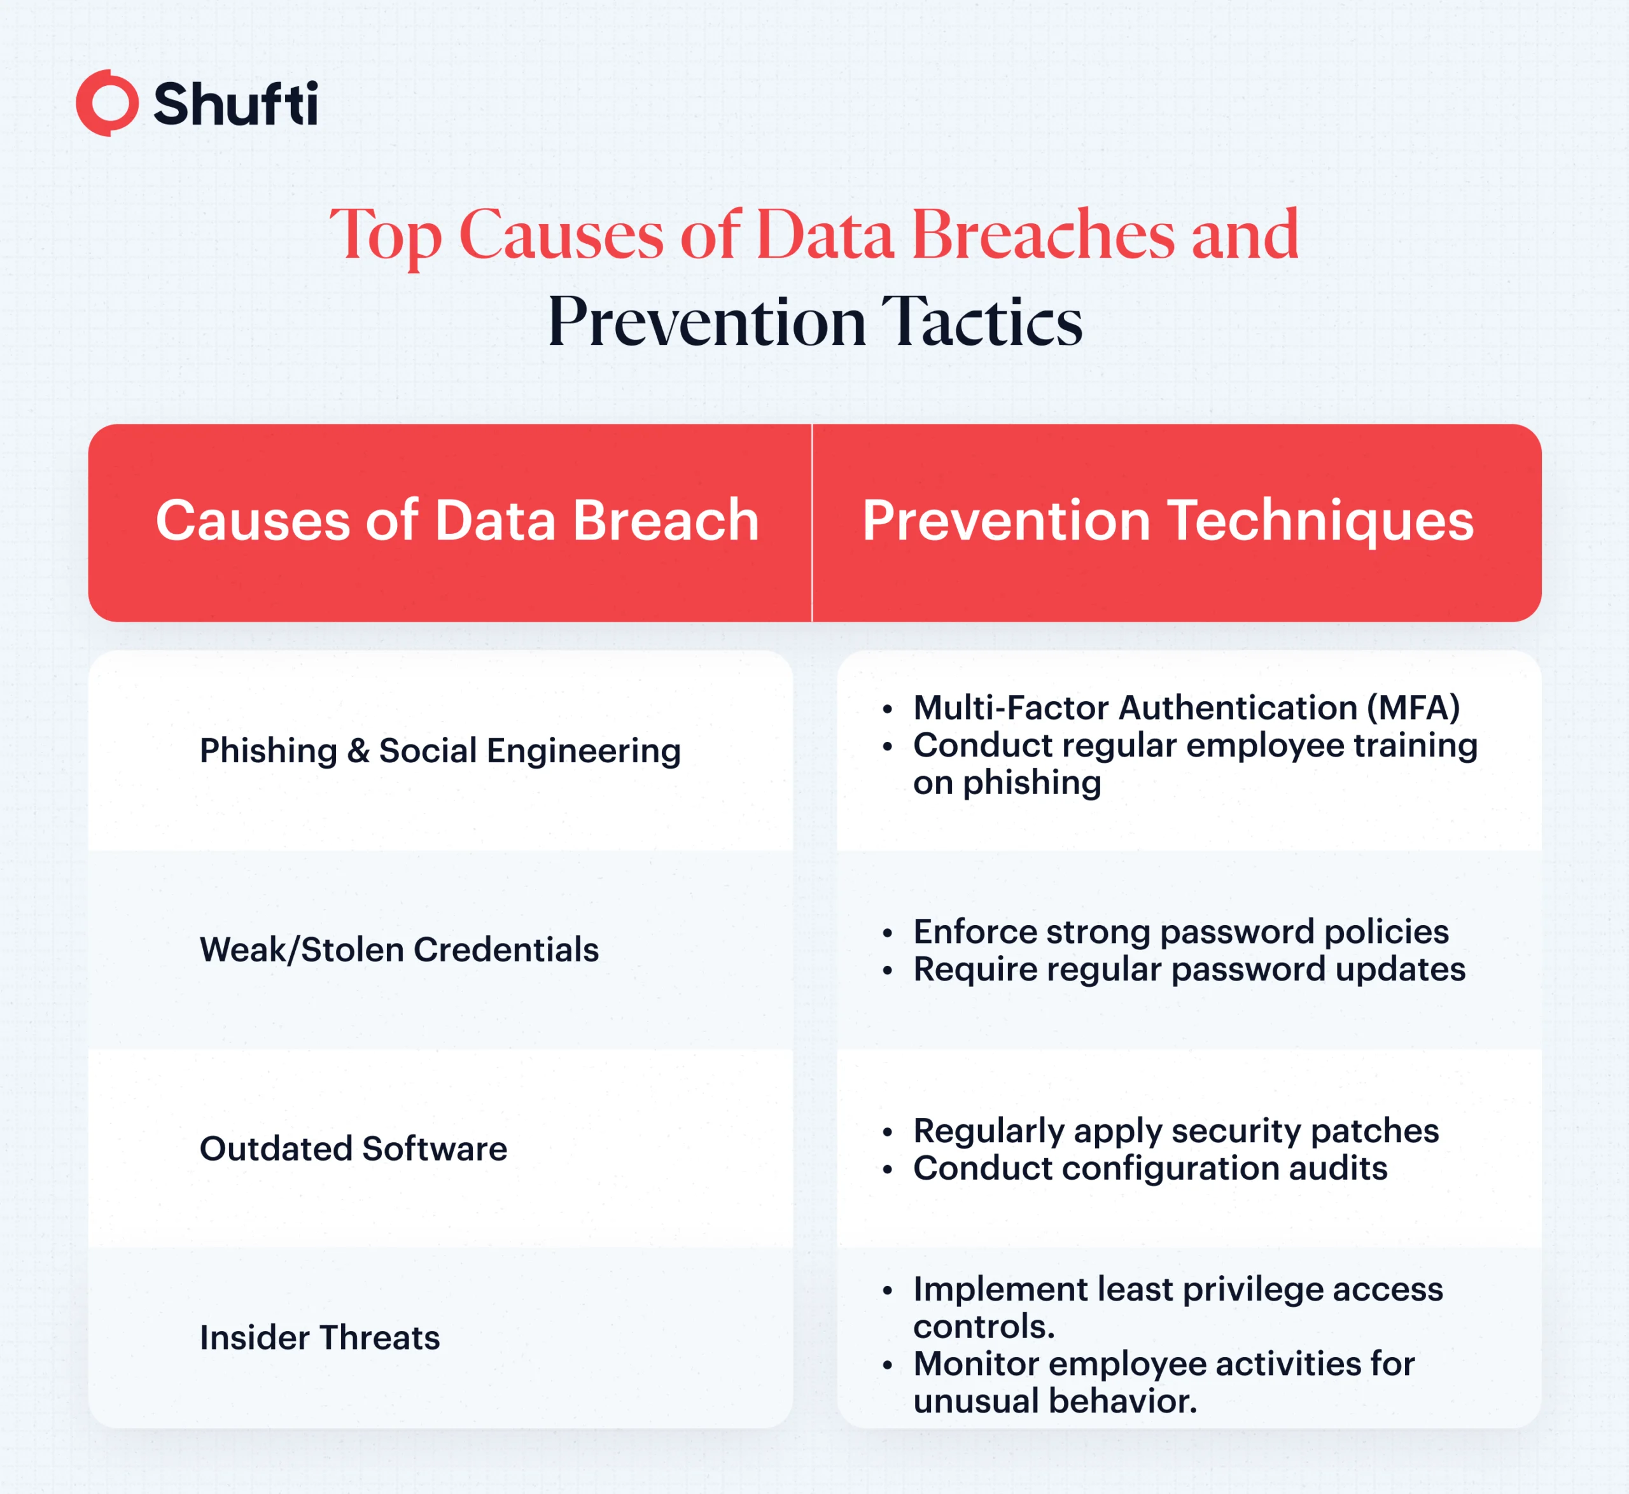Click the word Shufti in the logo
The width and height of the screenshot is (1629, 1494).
(x=235, y=104)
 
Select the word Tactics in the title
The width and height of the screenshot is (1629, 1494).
(x=981, y=322)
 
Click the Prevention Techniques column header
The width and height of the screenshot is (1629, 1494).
(x=1168, y=522)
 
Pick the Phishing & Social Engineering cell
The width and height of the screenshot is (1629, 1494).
(x=440, y=751)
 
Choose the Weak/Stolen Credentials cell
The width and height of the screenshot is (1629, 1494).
(x=400, y=950)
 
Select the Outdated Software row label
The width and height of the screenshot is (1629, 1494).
(x=353, y=1148)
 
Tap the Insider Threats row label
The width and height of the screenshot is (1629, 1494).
(x=320, y=1337)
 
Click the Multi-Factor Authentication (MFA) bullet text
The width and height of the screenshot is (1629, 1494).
(x=1187, y=708)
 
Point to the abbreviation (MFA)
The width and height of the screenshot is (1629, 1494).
(x=1413, y=708)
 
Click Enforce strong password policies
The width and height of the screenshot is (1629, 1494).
(x=1181, y=932)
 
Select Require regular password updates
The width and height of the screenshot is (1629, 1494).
(x=1189, y=969)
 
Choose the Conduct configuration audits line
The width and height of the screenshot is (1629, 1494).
(x=1150, y=1168)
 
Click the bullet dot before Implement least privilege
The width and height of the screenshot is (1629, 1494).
(x=888, y=1291)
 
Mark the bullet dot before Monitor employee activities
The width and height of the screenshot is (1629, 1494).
(x=888, y=1365)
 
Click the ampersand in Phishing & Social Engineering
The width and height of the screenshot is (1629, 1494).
(x=358, y=751)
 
